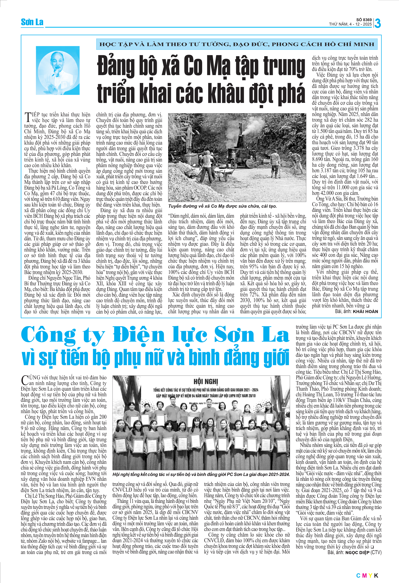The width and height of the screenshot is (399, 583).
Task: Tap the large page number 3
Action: [x=377, y=23]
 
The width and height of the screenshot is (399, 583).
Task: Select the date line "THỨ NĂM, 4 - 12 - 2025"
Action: [x=350, y=24]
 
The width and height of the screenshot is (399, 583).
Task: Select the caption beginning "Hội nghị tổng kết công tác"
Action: [x=201, y=474]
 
